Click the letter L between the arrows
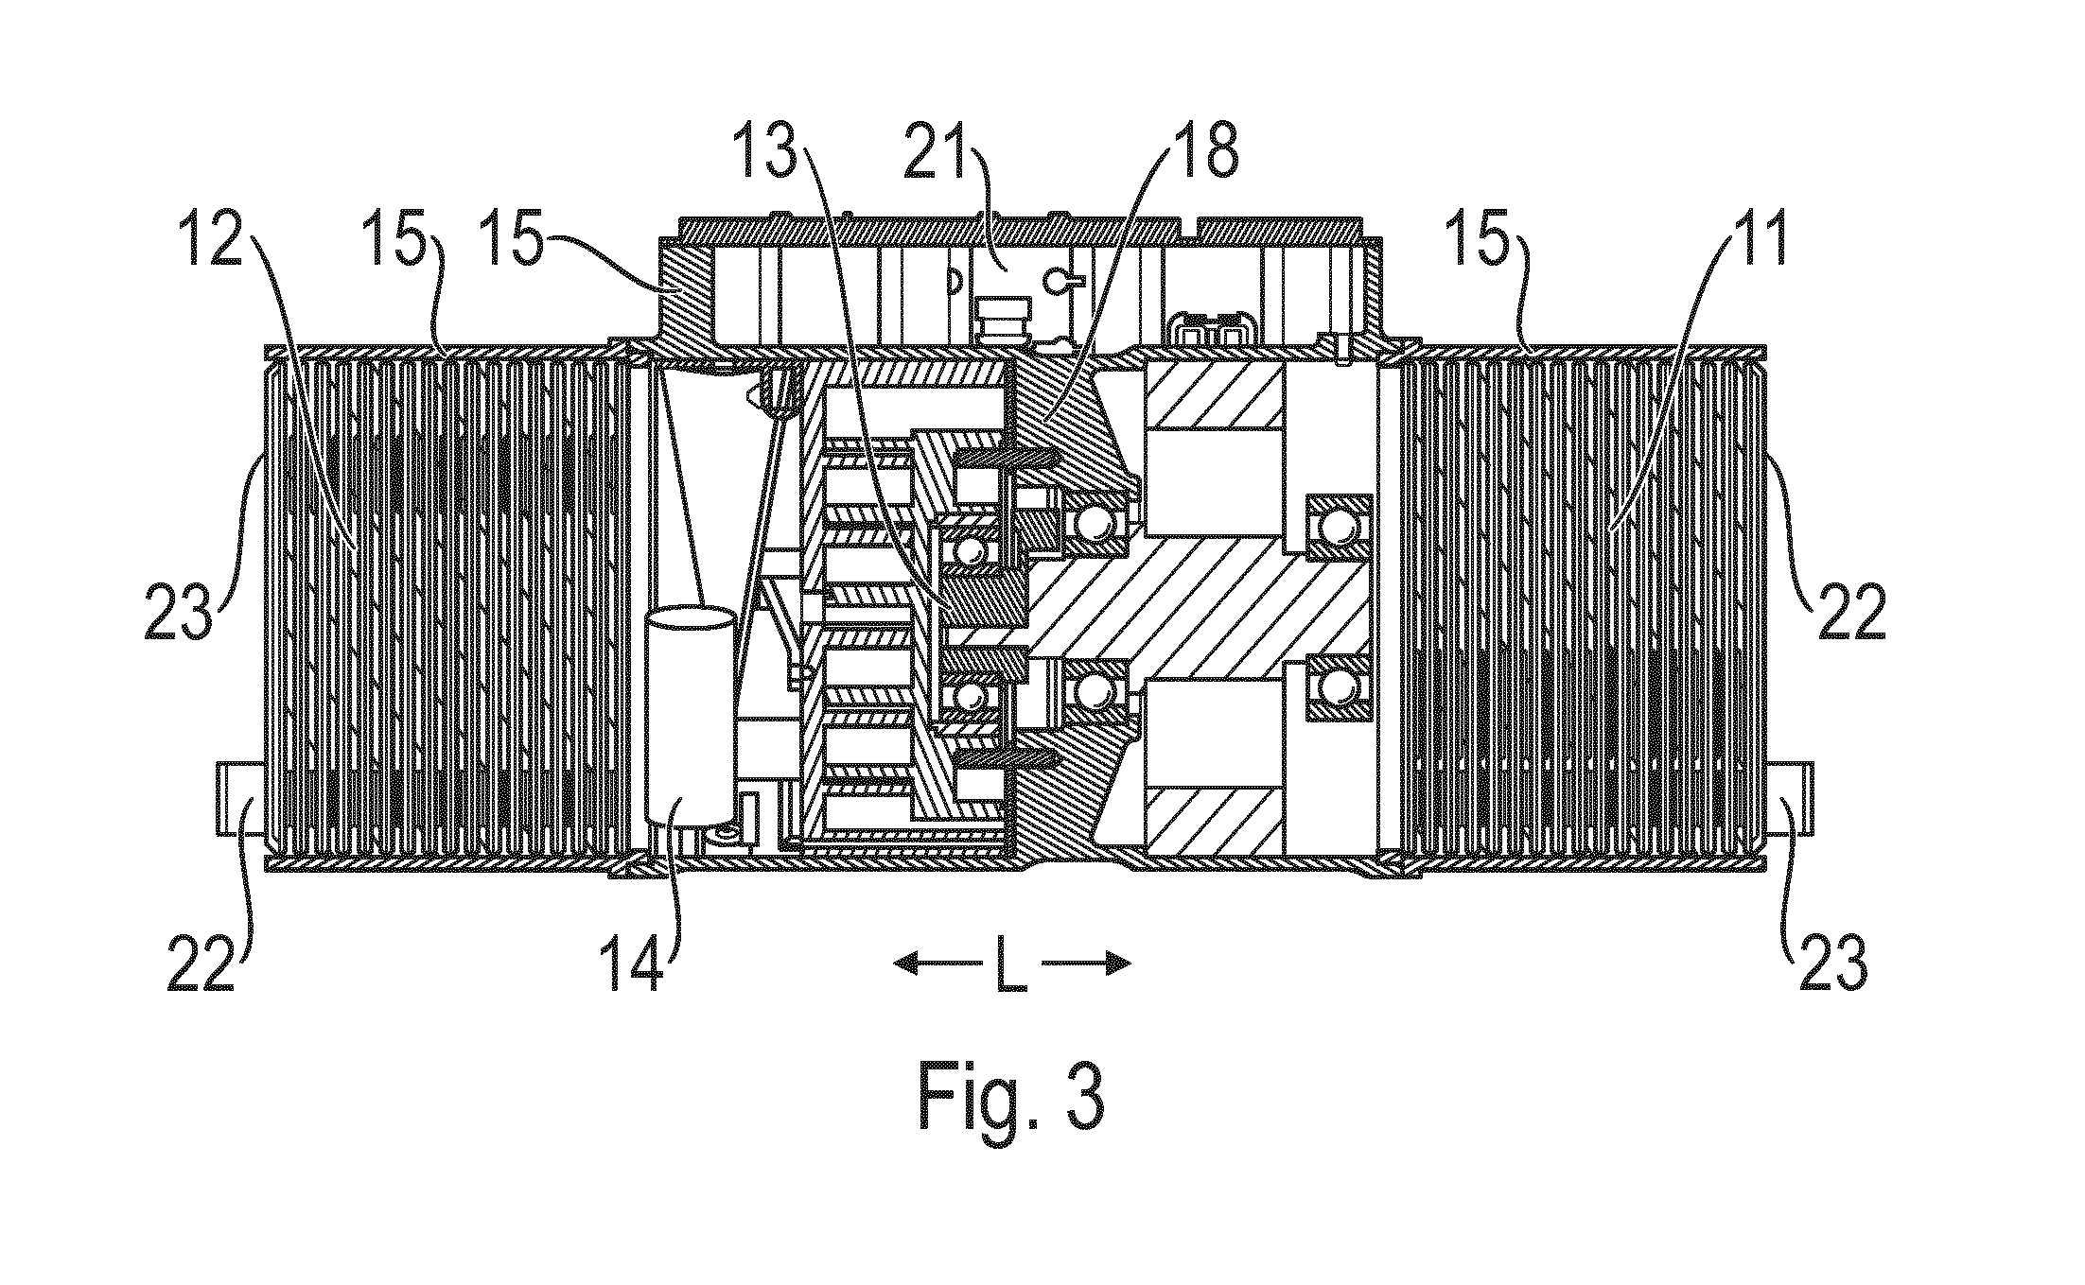pyautogui.click(x=1011, y=964)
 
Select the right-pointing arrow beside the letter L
pyautogui.click(x=1087, y=964)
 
